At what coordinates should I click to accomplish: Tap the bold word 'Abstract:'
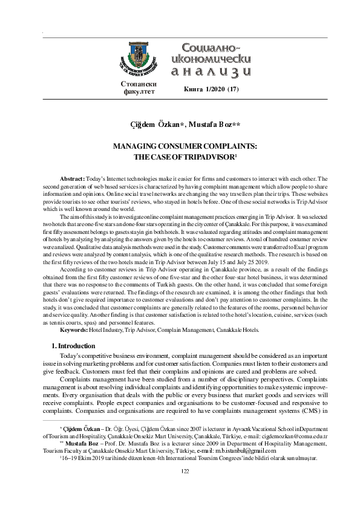(73, 180)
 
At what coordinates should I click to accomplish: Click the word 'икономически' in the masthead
(211, 59)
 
